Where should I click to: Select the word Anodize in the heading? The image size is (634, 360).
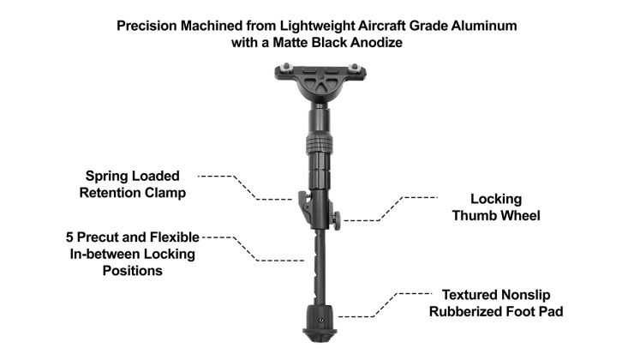[373, 43]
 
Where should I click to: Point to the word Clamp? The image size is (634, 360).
[164, 193]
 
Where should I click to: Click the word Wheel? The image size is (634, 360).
[522, 216]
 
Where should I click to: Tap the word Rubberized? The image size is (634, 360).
[469, 310]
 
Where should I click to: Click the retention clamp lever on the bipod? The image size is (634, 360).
[302, 201]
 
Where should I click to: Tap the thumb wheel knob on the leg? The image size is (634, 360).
[338, 219]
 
